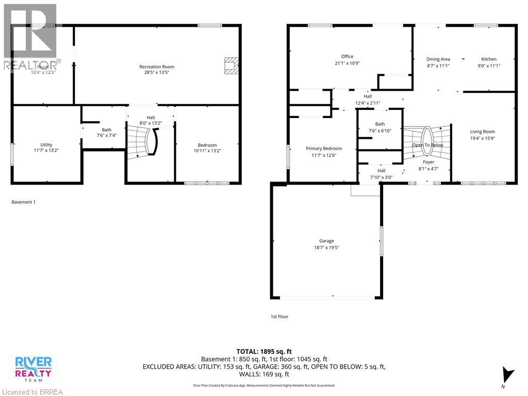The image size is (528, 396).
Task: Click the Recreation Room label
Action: click(157, 67)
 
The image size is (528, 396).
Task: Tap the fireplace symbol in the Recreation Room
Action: click(231, 66)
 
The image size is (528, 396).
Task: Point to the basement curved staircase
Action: click(142, 142)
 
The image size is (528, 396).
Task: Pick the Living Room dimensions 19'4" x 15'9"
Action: click(482, 138)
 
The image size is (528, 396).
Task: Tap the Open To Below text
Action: click(427, 145)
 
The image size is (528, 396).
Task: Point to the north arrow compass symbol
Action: click(508, 374)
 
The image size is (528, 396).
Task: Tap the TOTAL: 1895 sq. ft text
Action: click(263, 351)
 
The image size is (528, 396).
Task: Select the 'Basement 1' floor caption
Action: click(24, 202)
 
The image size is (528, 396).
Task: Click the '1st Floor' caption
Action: click(279, 317)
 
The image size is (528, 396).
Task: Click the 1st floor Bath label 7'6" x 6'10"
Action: click(380, 127)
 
